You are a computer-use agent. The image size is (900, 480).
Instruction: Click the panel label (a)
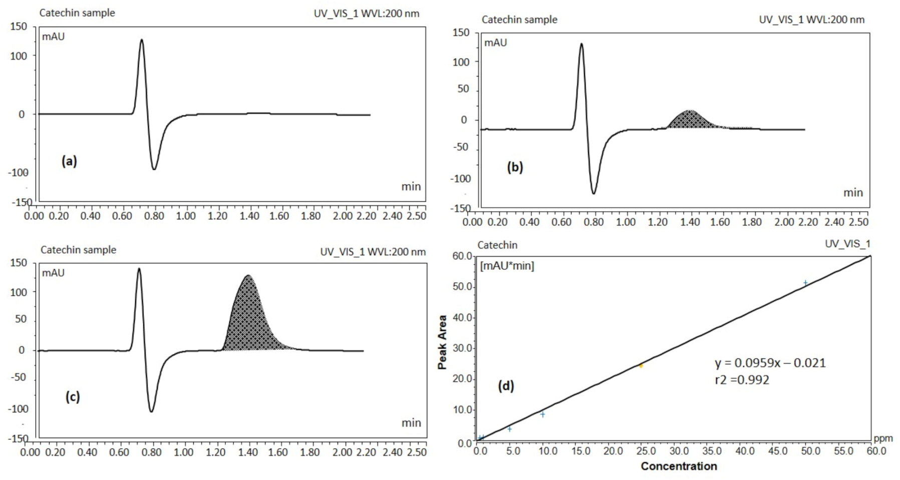click(69, 161)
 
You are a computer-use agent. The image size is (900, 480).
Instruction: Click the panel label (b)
click(515, 167)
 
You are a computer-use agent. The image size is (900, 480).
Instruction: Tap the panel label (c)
click(73, 397)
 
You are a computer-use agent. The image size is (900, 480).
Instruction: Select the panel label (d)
click(506, 386)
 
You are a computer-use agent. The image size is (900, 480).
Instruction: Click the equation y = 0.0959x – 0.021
click(770, 363)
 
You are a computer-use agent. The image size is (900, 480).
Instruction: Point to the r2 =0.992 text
click(742, 380)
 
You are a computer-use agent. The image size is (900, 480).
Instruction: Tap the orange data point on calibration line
click(641, 366)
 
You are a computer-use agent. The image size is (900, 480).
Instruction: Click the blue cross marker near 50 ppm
click(805, 283)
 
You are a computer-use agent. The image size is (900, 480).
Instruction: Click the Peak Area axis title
click(442, 342)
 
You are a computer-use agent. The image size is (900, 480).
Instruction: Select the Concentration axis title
click(679, 466)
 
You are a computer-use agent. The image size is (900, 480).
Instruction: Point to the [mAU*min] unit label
click(507, 266)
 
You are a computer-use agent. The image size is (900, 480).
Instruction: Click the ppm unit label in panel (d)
click(883, 438)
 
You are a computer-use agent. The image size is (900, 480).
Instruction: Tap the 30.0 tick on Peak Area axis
click(463, 348)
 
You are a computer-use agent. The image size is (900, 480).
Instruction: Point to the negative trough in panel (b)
click(593, 193)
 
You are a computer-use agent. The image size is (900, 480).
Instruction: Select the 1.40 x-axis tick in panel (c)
click(248, 452)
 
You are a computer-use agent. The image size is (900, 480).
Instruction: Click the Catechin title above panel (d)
click(497, 245)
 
